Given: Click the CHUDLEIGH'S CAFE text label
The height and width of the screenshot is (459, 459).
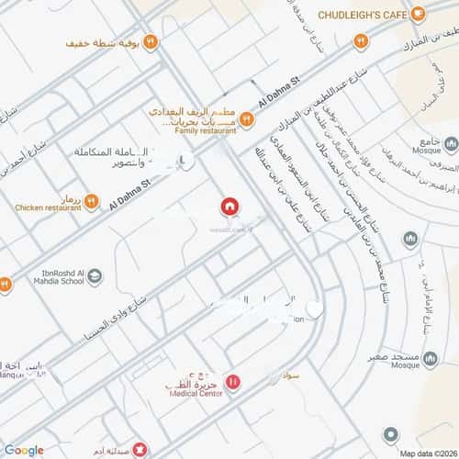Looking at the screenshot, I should tap(363, 15).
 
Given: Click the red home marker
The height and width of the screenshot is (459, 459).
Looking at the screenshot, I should tap(229, 207).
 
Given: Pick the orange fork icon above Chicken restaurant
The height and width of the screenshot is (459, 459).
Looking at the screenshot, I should tap(91, 198).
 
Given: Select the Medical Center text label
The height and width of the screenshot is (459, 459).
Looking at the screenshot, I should tap(196, 393).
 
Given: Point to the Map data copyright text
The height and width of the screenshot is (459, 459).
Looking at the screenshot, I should tap(426, 453).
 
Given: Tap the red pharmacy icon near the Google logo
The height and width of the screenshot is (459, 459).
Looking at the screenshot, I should tap(139, 450).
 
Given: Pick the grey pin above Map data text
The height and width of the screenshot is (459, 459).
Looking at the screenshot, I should tap(392, 434).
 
